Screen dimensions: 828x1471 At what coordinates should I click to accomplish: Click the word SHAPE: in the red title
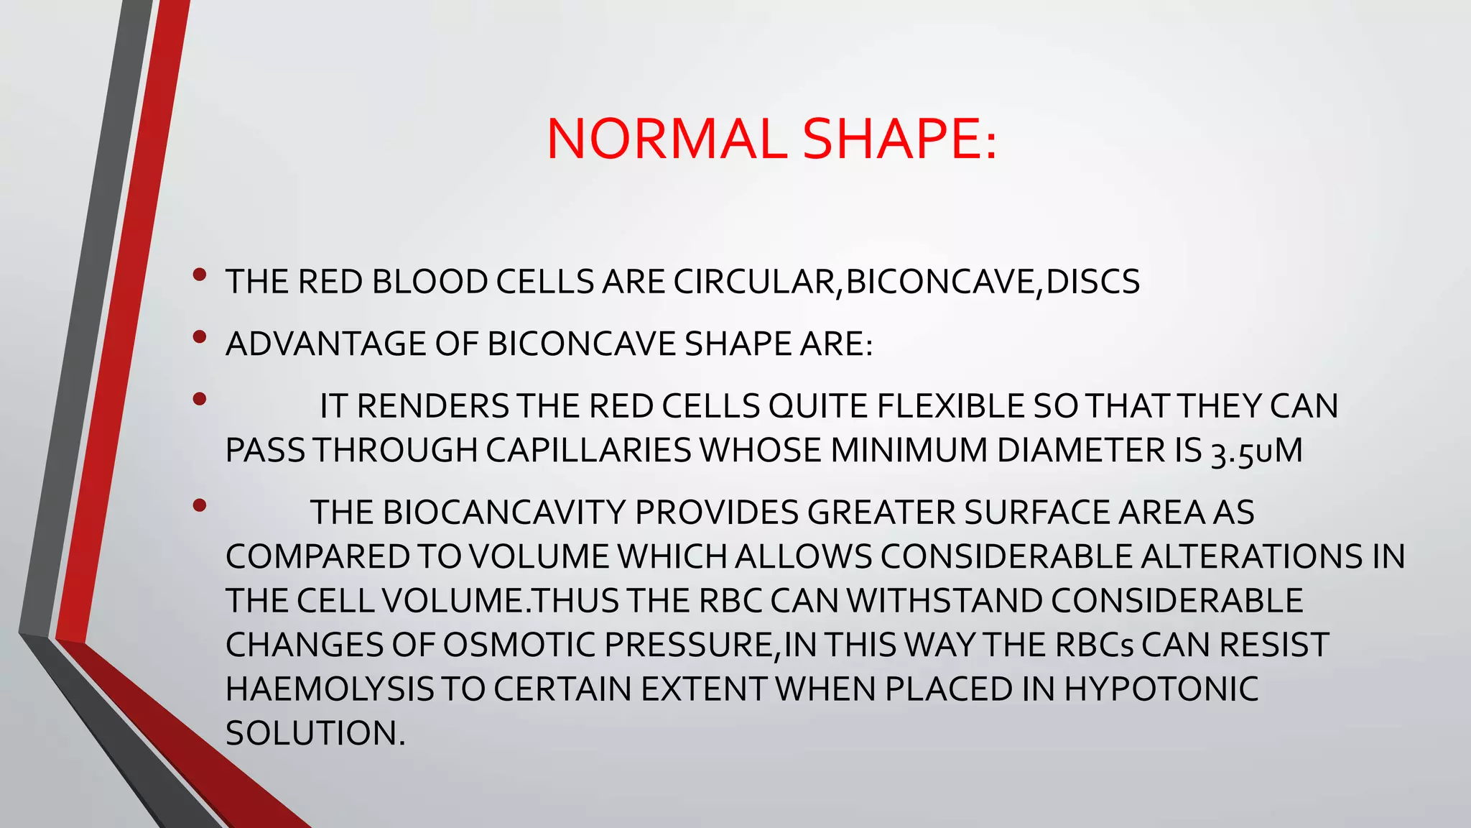click(899, 139)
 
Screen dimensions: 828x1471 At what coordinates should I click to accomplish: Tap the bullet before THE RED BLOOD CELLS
click(200, 275)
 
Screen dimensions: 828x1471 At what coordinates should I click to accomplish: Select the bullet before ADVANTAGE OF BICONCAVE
click(200, 336)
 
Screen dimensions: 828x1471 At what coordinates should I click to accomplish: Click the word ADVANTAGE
click(326, 344)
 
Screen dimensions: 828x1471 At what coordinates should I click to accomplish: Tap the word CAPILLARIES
click(588, 451)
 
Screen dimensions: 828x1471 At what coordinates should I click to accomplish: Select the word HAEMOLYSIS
click(330, 690)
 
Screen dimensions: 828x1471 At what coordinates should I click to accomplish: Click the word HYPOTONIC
click(1161, 690)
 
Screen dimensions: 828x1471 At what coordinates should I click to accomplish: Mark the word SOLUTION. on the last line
click(315, 734)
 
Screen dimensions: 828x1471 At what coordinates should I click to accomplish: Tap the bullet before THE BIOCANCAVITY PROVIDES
click(200, 506)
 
